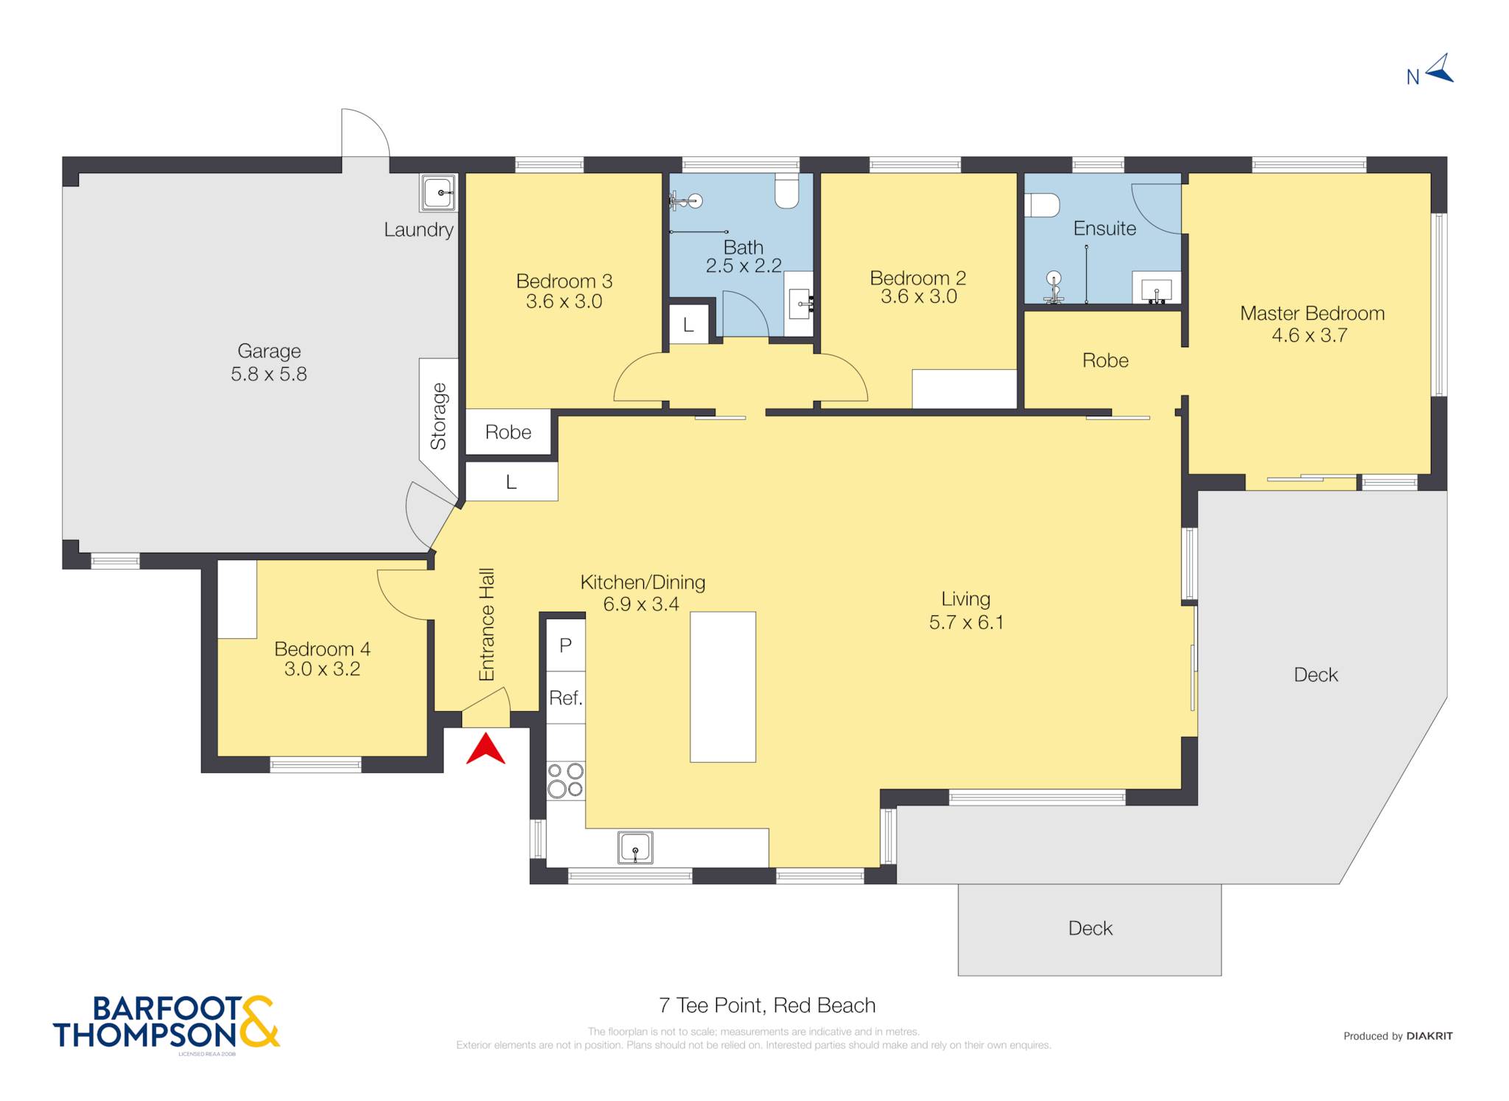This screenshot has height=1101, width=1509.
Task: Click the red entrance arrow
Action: tap(486, 749)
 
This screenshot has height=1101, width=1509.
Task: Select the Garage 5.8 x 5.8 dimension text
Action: tap(269, 374)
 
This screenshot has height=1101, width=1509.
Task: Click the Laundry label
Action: tap(419, 230)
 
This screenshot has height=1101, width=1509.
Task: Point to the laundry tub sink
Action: tap(440, 193)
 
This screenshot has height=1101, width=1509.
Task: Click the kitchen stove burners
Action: tap(565, 780)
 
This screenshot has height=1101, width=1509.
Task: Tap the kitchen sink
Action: tap(635, 847)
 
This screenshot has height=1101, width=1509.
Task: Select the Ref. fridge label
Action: tap(566, 697)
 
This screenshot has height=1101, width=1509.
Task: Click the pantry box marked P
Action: tap(566, 645)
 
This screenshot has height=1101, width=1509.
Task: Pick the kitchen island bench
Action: tap(723, 687)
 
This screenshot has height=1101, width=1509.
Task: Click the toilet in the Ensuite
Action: tap(1042, 205)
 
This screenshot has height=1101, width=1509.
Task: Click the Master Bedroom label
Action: tap(1312, 313)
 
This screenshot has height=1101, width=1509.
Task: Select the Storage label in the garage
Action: tap(438, 416)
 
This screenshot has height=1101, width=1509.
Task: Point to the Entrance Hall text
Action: tap(486, 625)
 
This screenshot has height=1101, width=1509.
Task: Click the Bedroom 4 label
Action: tap(322, 649)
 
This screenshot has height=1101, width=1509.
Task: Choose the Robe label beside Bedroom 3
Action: tap(508, 432)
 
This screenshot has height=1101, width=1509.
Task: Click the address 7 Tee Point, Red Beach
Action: tap(767, 1005)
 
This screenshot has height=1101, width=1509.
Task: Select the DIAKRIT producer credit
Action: tap(1429, 1036)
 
